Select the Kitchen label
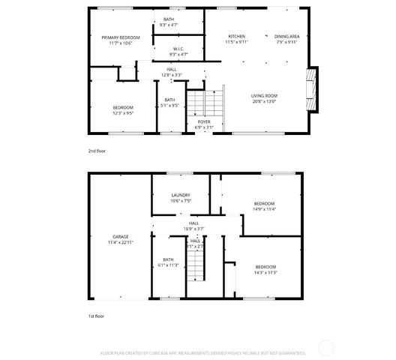(236, 36)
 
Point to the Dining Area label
(286, 36)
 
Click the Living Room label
(264, 96)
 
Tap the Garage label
(119, 238)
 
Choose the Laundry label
(180, 196)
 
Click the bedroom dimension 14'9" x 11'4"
(264, 209)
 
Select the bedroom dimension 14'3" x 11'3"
(265, 272)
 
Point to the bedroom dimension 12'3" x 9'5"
(123, 113)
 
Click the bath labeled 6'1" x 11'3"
(168, 265)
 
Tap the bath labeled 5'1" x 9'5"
(170, 105)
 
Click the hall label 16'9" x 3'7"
(193, 228)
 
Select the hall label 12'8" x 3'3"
(172, 75)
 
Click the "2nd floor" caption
(96, 151)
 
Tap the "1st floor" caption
(96, 316)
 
